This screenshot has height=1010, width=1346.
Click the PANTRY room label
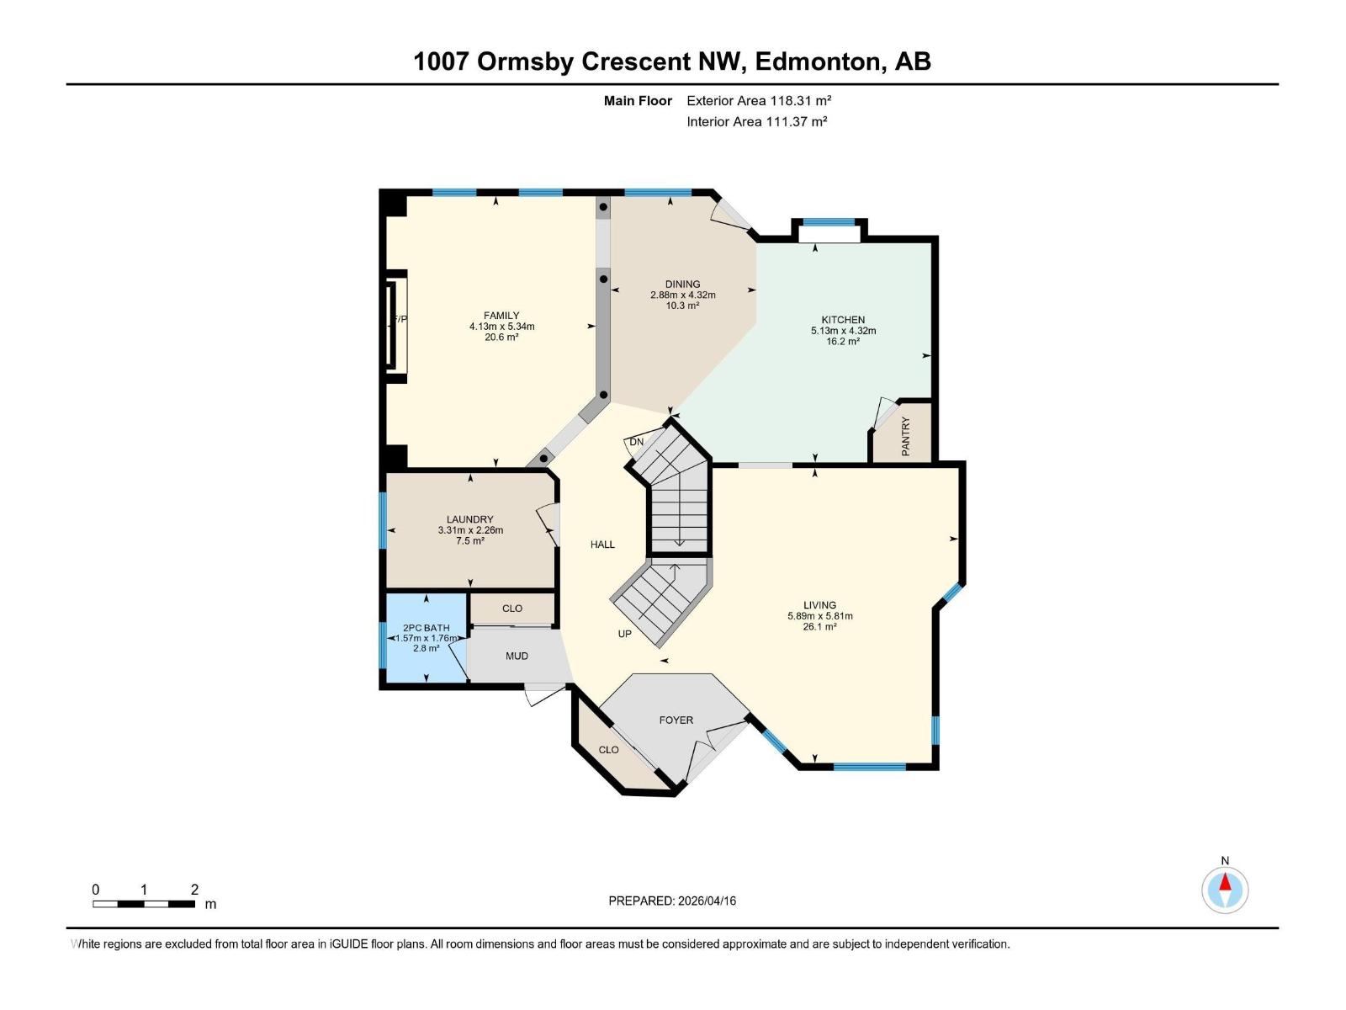click(x=906, y=436)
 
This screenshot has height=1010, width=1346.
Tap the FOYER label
click(x=676, y=720)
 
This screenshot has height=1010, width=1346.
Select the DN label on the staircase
click(x=637, y=442)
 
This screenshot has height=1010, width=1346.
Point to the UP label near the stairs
click(x=624, y=634)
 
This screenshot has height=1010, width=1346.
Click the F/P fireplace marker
click(x=400, y=319)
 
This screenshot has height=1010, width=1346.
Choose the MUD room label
click(x=517, y=656)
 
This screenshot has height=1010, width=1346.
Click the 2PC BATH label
click(x=426, y=628)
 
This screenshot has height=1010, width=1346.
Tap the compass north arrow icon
click(x=1225, y=890)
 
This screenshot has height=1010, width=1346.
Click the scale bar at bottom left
click(x=144, y=904)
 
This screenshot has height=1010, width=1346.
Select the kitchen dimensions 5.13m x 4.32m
click(x=843, y=331)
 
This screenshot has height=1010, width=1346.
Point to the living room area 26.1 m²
click(x=819, y=627)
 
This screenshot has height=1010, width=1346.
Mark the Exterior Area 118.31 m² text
click(x=759, y=100)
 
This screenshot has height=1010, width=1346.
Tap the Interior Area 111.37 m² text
click(x=756, y=121)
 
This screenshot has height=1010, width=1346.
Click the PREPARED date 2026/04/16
click(x=672, y=901)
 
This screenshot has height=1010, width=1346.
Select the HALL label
click(x=602, y=545)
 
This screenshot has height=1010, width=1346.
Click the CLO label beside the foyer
click(x=608, y=750)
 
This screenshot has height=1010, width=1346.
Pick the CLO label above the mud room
click(x=512, y=609)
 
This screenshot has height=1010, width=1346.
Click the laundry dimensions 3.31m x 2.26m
click(x=470, y=530)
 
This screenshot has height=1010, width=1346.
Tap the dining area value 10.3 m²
click(x=682, y=306)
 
